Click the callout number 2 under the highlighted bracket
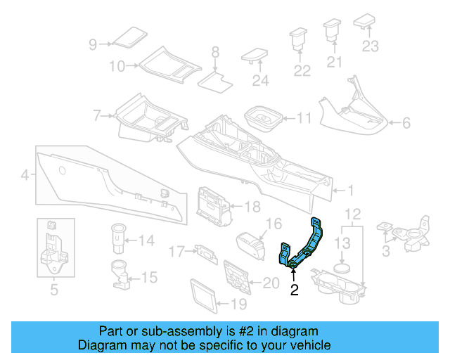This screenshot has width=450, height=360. tap(295, 289)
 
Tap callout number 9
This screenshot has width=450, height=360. tap(93, 44)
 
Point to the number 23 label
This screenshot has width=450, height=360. tap(370, 46)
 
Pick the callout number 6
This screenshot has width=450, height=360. tap(405, 124)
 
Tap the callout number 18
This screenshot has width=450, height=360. tap(252, 206)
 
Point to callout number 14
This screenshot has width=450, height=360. tap(145, 241)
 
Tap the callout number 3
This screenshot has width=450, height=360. tap(385, 251)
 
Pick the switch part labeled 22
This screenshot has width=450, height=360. tap(300, 37)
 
